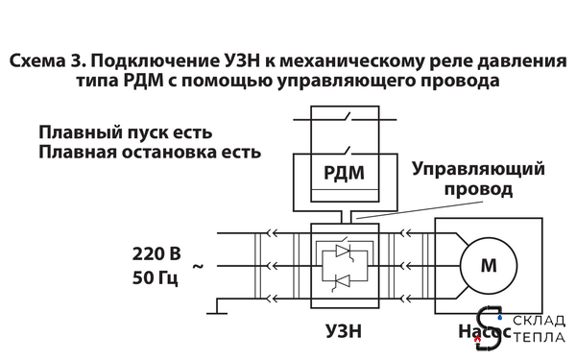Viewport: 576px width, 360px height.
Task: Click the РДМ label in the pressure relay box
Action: [x=343, y=174]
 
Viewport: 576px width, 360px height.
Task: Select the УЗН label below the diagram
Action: [x=344, y=330]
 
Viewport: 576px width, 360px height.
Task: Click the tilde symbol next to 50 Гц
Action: [x=200, y=265]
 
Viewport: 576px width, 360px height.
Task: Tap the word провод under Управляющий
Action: [x=476, y=190]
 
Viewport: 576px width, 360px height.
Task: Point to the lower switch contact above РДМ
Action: [x=344, y=149]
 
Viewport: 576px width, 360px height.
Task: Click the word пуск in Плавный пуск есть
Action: [x=142, y=131]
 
